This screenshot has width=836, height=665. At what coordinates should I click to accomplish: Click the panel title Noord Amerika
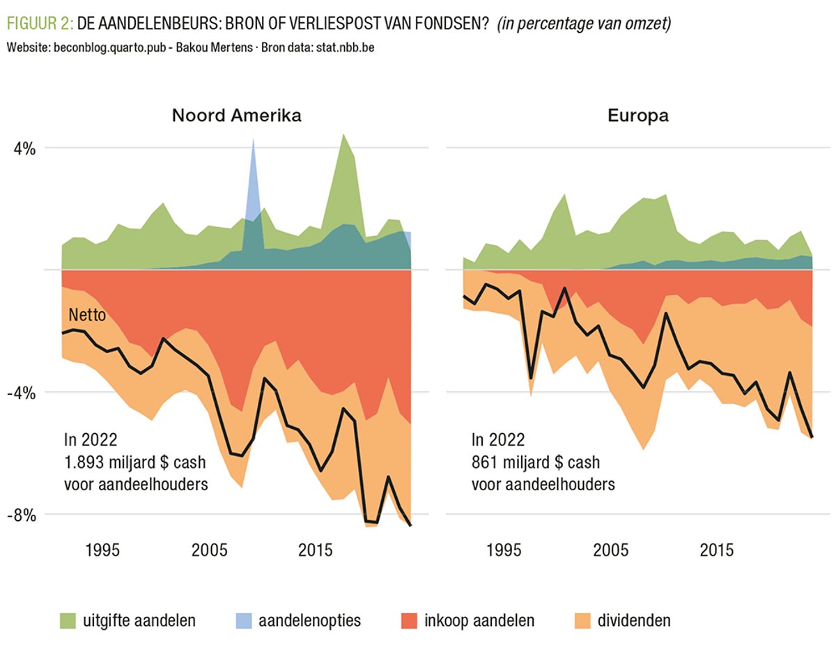coord(237,116)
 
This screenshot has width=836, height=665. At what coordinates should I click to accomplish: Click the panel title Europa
coord(638,116)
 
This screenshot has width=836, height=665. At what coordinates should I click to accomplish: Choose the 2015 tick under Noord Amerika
coord(315,550)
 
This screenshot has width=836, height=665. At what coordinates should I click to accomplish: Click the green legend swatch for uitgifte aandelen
coord(68,620)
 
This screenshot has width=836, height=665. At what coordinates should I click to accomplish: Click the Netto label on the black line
coord(87,315)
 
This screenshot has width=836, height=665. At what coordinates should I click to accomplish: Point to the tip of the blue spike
coord(253,139)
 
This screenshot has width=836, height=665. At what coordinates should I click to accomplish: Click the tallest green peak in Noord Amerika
coord(343,134)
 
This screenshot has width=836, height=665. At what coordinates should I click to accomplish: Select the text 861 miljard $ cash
coord(535,462)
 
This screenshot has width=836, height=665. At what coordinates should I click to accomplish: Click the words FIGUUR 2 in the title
coord(39,24)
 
